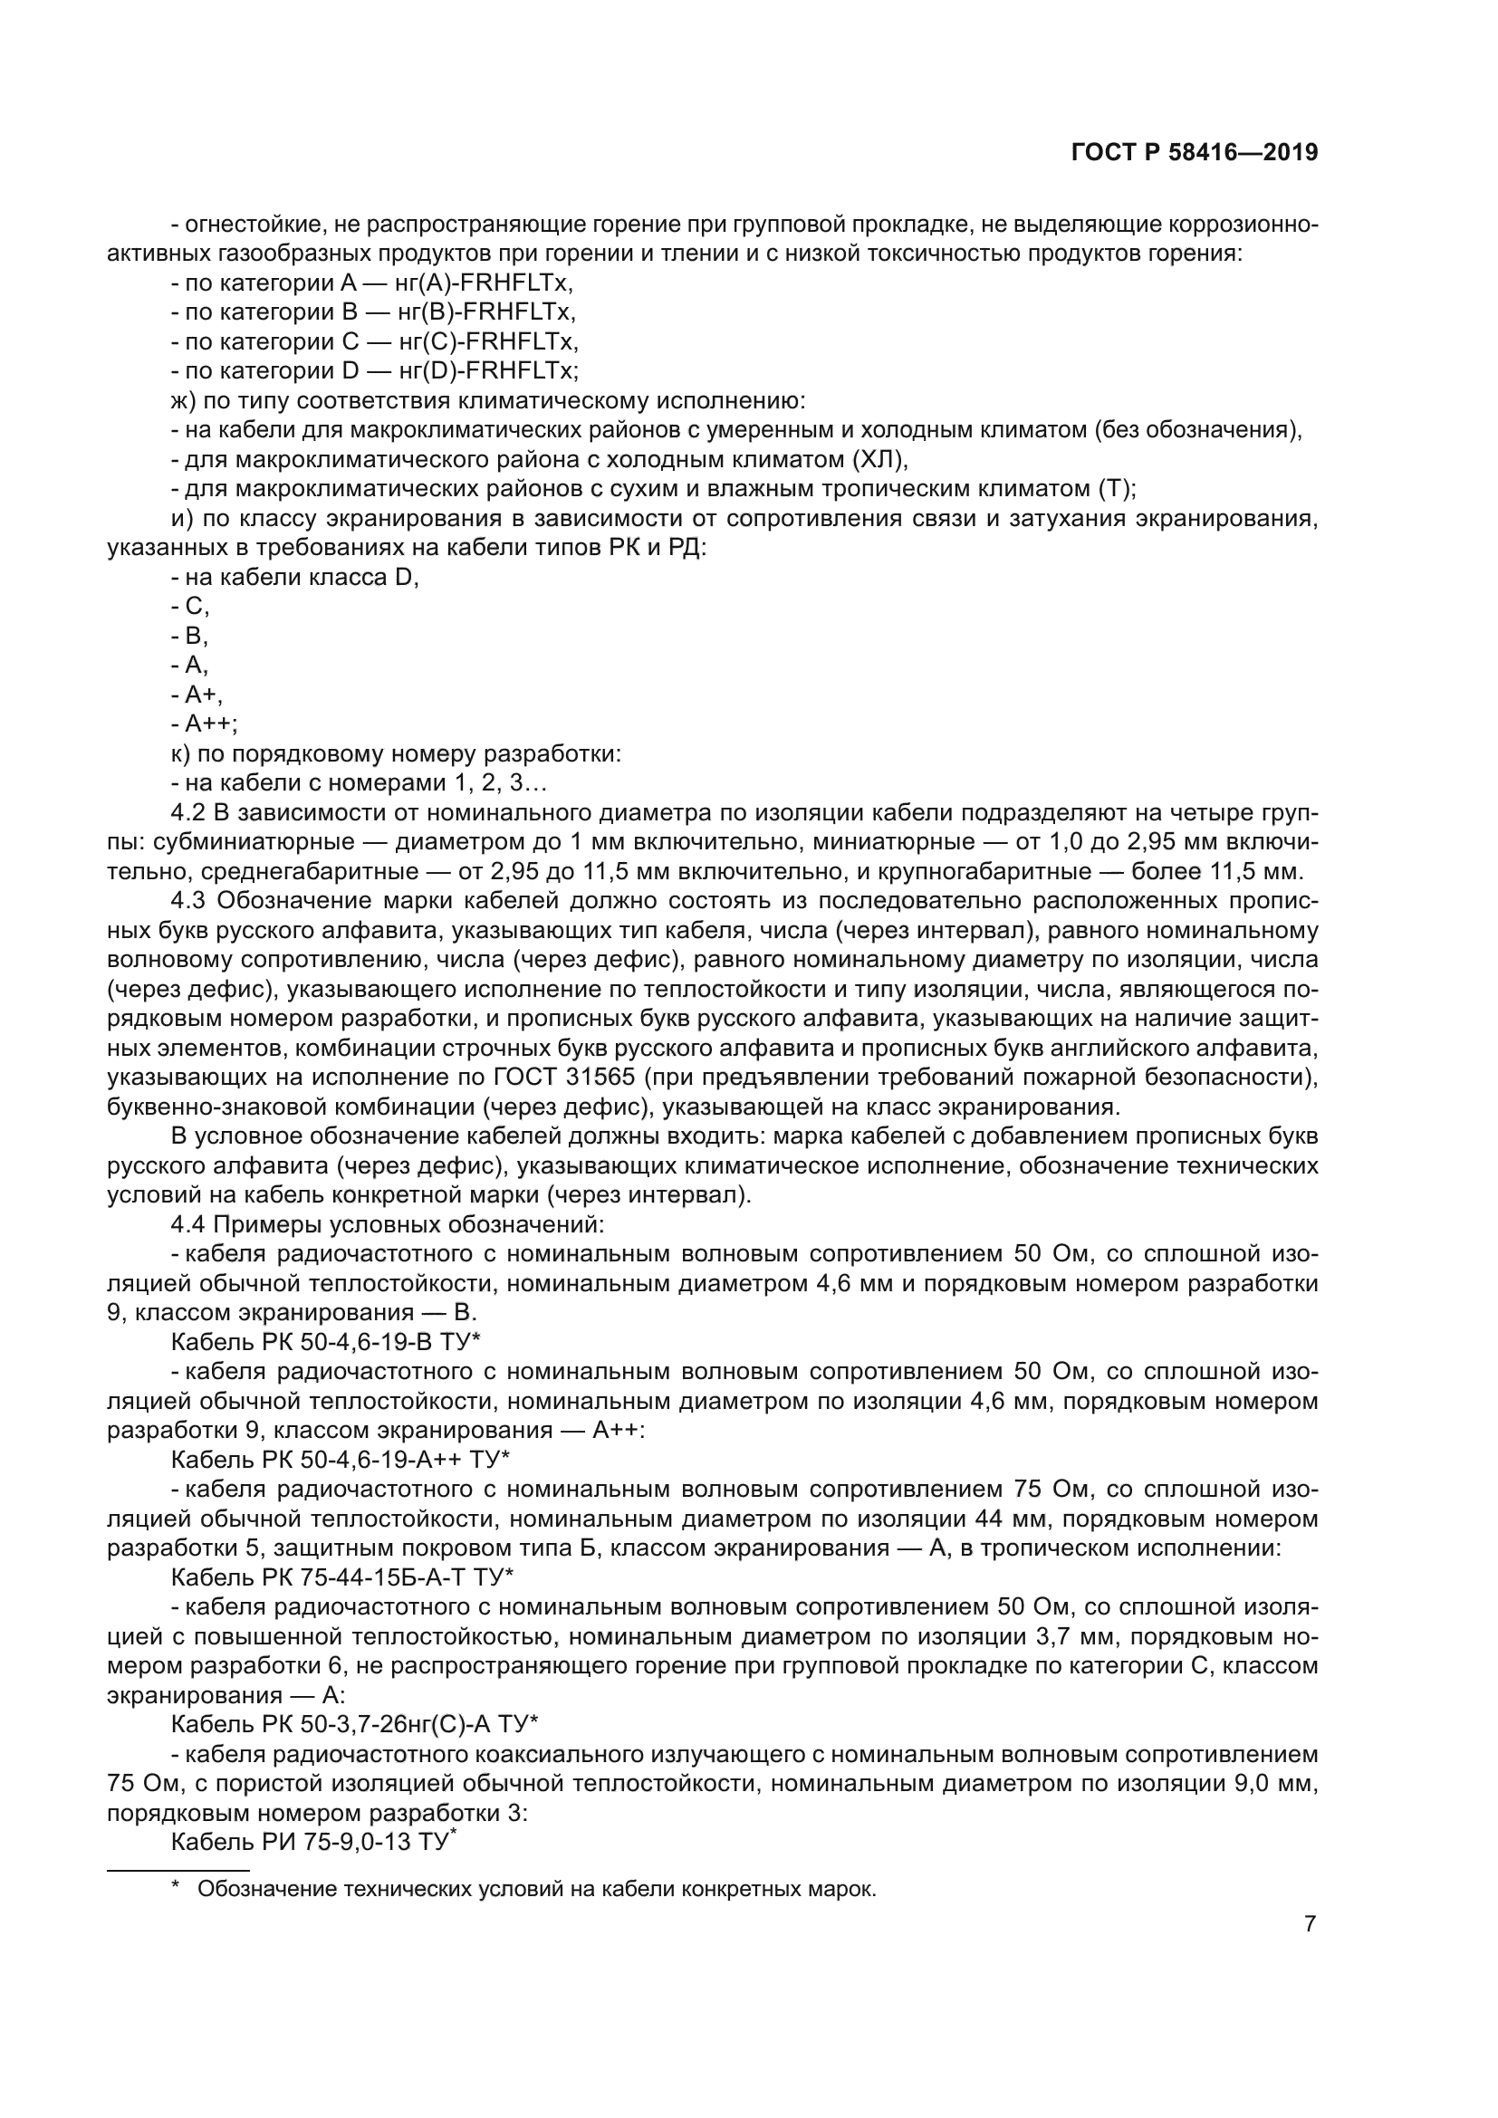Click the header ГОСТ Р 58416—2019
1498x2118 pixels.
[1195, 153]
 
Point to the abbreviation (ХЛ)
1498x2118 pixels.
[879, 459]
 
